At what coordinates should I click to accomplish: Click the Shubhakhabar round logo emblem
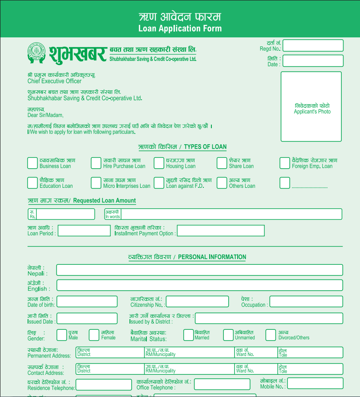[36, 52]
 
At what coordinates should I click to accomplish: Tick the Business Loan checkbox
[32, 163]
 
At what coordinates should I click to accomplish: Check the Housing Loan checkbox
[159, 163]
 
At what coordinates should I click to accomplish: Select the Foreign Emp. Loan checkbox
[285, 163]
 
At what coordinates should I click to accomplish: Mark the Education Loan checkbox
[32, 182]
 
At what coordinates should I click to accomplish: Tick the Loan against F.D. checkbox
[159, 182]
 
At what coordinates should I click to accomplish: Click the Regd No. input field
[313, 45]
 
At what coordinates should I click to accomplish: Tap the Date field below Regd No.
[313, 61]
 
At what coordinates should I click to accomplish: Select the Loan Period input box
[84, 231]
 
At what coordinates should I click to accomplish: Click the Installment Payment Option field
[220, 231]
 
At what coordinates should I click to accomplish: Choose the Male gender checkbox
[61, 335]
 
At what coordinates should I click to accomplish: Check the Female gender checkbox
[94, 335]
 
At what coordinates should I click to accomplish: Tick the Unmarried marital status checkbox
[228, 335]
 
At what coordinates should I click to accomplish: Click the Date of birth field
[87, 302]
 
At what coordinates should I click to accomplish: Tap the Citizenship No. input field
[197, 302]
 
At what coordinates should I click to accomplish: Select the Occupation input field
[306, 302]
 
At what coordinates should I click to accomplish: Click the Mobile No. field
[315, 383]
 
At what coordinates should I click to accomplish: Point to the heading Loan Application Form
[180, 28]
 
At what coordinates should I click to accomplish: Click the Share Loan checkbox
[222, 163]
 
